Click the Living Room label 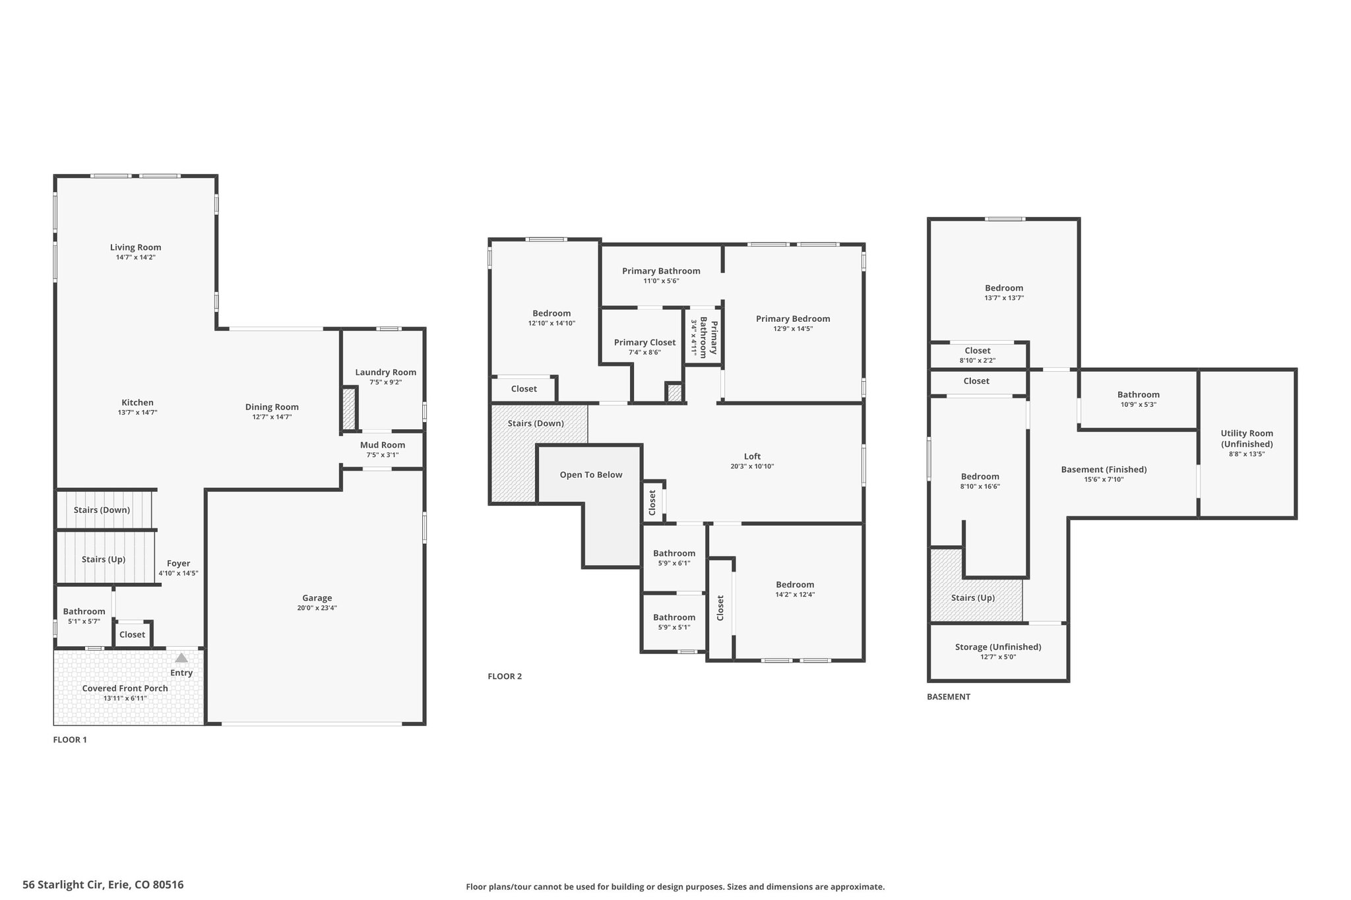coord(135,247)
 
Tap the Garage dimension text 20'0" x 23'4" coord(317,608)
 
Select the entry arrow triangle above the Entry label coord(181,657)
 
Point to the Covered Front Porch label coord(125,688)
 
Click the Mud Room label coord(383,445)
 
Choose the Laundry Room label coord(386,373)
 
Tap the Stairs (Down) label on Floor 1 coord(102,510)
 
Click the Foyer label coord(178,564)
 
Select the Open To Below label coord(591,475)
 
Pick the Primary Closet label coord(644,343)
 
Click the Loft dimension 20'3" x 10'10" coord(752,466)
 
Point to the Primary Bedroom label coord(793,319)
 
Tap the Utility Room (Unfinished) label coord(1247,438)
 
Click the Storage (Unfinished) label coord(998,647)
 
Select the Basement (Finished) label coord(1104,469)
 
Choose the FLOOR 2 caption coord(505,676)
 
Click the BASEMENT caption coord(949,697)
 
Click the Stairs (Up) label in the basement coord(973,598)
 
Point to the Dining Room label coord(272,407)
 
